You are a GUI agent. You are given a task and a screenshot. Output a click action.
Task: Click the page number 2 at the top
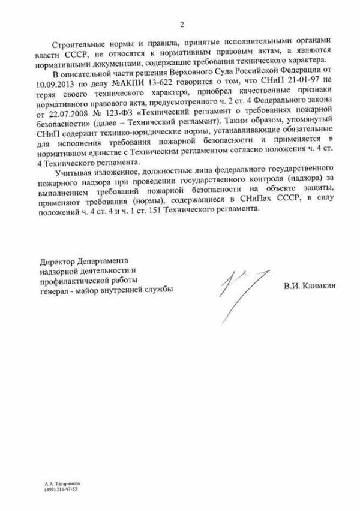click(x=181, y=25)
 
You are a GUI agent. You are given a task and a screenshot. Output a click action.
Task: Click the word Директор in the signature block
click(x=58, y=263)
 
